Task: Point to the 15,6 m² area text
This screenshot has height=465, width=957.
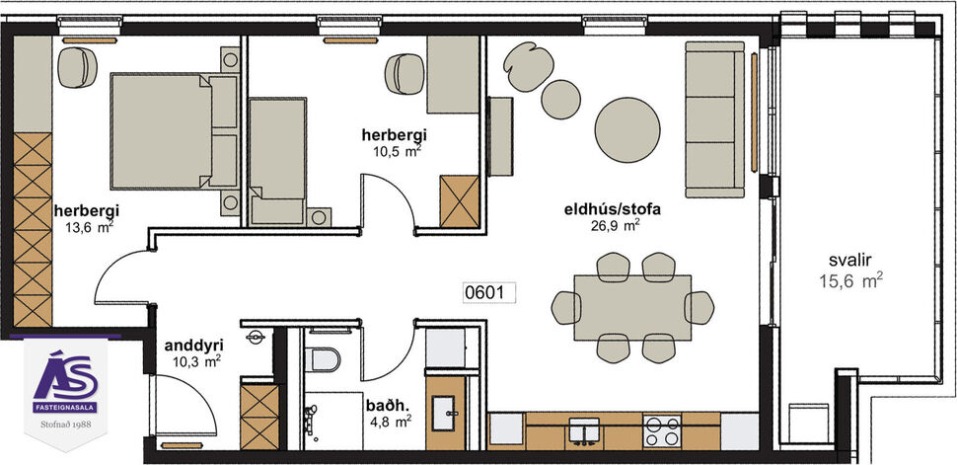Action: click(850, 281)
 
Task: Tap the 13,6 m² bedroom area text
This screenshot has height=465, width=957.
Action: click(86, 227)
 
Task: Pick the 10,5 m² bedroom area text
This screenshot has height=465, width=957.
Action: click(392, 150)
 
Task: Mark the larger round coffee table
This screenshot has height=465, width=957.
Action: click(631, 124)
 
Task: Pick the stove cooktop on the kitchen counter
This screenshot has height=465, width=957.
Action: click(661, 430)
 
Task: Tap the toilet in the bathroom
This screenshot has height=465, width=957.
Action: click(323, 358)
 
